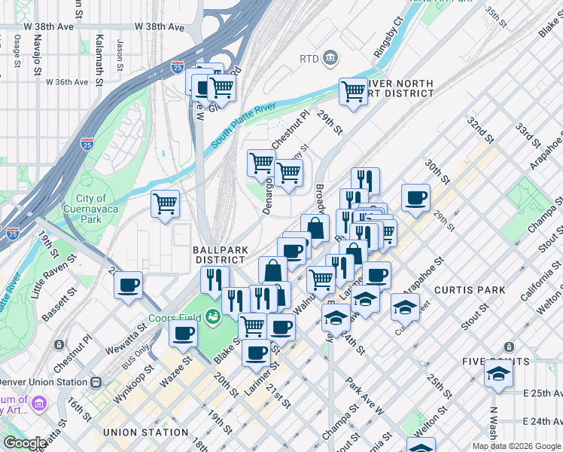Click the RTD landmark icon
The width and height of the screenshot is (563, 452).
click(330, 58)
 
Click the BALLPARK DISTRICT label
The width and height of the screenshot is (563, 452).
click(219, 254)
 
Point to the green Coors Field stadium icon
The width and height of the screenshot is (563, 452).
click(214, 316)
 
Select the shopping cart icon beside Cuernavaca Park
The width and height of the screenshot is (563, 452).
click(165, 203)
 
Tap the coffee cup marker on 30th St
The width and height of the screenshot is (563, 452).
click(415, 198)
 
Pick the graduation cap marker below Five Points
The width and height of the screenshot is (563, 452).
click(498, 374)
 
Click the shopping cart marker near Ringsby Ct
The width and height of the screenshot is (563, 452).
click(352, 92)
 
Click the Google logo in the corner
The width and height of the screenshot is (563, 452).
click(25, 443)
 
